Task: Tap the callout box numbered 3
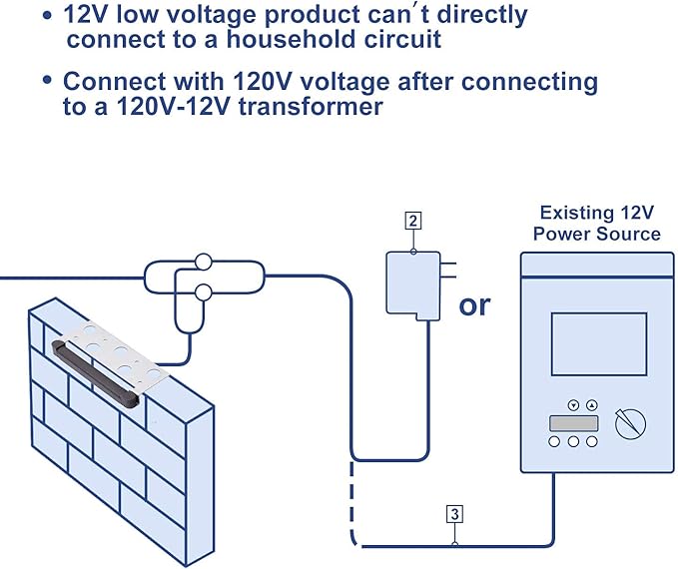454,515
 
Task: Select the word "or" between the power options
474,303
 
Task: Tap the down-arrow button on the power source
573,405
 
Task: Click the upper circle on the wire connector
204,264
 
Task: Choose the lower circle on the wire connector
204,292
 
